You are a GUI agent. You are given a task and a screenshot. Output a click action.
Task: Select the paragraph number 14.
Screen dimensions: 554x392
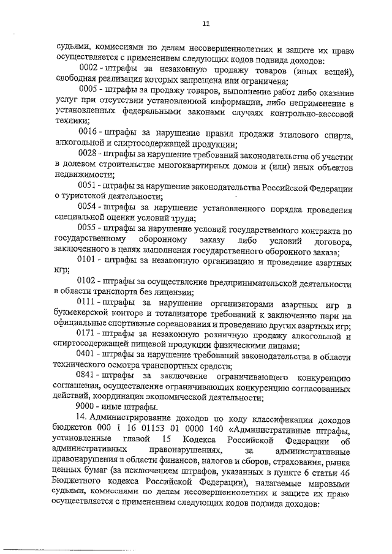pos(81,417)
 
